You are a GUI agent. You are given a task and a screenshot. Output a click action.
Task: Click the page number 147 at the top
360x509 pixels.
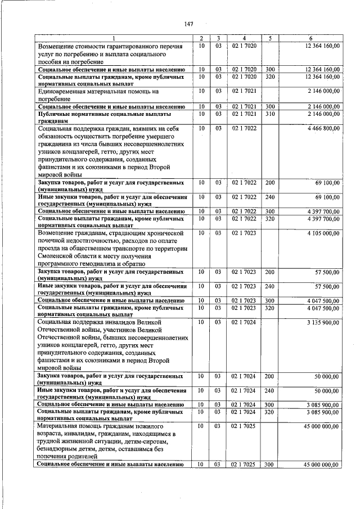point(188,24)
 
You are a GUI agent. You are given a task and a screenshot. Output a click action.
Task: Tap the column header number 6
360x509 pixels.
point(310,38)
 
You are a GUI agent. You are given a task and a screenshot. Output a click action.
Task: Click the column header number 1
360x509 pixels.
point(112,38)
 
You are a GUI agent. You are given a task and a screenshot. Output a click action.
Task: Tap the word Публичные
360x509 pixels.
point(55,114)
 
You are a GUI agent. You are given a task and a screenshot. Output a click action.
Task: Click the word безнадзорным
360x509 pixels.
point(61,450)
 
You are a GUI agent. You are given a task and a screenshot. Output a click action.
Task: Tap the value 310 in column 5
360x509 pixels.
point(270,114)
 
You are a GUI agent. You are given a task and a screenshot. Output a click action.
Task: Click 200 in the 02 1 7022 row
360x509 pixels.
point(270,183)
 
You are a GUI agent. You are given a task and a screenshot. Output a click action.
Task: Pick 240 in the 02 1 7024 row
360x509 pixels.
point(270,390)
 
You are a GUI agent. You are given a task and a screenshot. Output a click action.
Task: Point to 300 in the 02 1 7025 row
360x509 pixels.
point(270,464)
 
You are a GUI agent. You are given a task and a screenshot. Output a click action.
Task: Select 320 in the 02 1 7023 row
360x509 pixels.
point(270,308)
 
